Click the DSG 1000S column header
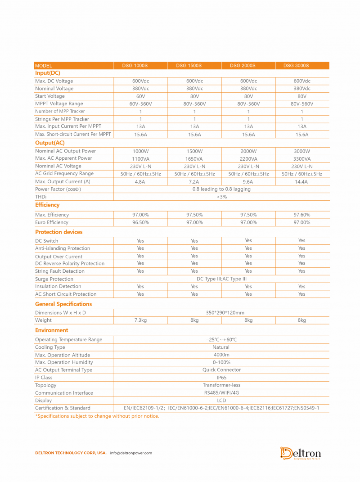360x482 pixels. [x=135, y=66]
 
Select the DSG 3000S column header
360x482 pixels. [x=296, y=66]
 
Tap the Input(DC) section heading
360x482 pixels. [x=48, y=73]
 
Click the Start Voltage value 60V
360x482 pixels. [x=140, y=96]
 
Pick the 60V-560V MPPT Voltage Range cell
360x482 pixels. [x=140, y=104]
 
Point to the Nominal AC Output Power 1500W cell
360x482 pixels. [x=194, y=151]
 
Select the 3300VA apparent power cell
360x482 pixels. [x=301, y=159]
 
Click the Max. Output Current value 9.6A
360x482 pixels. [x=248, y=182]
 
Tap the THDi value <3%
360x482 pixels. [x=221, y=197]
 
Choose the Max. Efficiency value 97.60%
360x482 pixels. [x=301, y=215]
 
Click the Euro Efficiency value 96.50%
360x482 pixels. [x=140, y=222]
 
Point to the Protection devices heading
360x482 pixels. [x=59, y=232]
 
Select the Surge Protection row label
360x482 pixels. [x=54, y=279]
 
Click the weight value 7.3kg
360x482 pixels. [x=140, y=320]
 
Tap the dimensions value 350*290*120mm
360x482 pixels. [x=221, y=313]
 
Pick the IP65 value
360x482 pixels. [x=221, y=378]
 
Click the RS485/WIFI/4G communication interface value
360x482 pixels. [x=221, y=393]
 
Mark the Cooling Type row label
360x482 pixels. [x=50, y=347]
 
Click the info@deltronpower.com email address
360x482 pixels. [x=131, y=453]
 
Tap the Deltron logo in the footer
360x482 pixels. [x=301, y=453]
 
